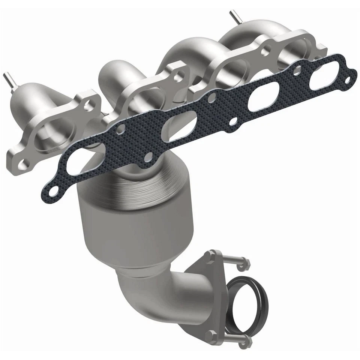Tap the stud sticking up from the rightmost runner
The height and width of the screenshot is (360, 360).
(x=235, y=17)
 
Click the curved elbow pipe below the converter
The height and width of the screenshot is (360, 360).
(x=150, y=296)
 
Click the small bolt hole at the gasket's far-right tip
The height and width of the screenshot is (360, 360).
(x=348, y=79)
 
